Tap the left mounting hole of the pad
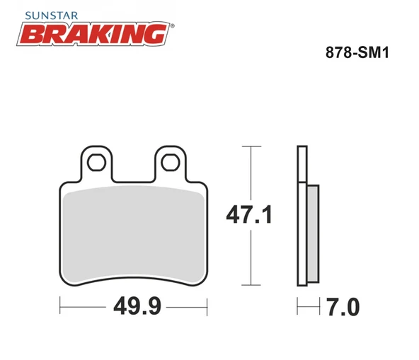pos(96,161)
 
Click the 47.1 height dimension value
pos(247,214)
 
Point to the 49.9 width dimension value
pos(134,308)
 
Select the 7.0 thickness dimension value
pos(344,308)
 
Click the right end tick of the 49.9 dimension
pos(209,308)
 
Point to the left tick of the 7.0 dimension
pos(298,308)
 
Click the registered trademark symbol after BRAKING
pos(172,25)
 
